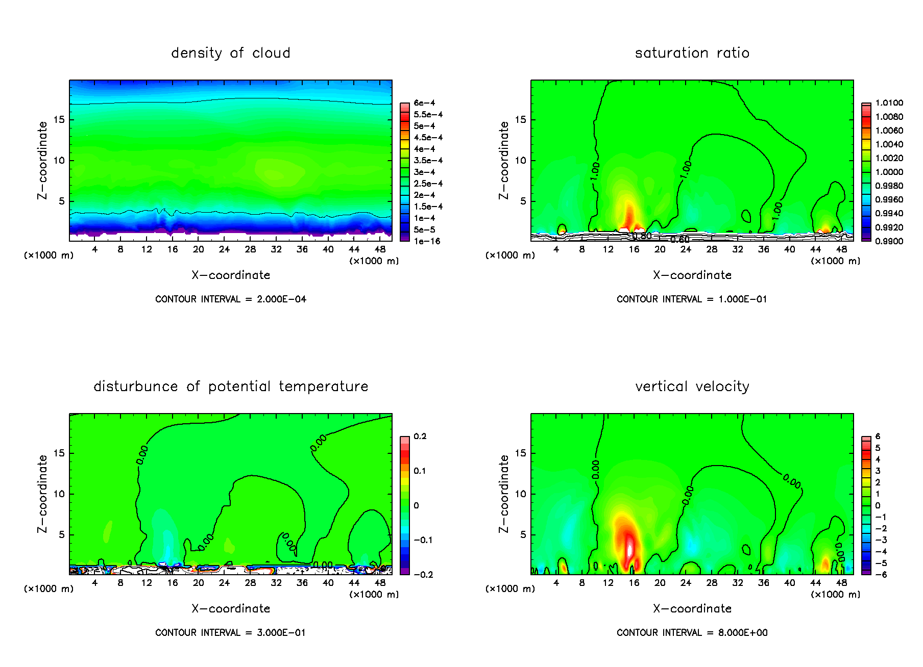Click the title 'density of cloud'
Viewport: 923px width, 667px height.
pos(231,53)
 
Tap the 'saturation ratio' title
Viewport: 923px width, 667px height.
pos(692,53)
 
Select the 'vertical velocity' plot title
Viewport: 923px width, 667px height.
pos(692,387)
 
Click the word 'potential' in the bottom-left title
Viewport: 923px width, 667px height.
pos(239,387)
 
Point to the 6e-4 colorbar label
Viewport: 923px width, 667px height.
pos(424,103)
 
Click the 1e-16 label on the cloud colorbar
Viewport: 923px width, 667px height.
pos(427,241)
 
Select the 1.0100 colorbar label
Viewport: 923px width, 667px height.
pos(889,103)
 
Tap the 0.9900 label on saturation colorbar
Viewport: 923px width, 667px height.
pos(889,241)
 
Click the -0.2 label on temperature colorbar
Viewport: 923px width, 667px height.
pos(424,575)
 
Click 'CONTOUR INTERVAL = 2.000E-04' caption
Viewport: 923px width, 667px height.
pos(231,299)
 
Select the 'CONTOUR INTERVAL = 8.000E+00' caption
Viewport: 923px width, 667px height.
pos(692,633)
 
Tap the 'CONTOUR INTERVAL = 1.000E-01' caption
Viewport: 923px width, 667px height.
pos(692,299)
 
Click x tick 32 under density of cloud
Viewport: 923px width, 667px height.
pos(276,249)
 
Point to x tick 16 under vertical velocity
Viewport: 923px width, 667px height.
pos(634,583)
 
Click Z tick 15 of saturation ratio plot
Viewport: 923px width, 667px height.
pos(520,120)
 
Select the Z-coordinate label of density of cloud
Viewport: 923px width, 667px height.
pos(42,160)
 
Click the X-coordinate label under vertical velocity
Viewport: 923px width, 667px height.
pos(692,609)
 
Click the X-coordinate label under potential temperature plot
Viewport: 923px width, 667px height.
pos(231,609)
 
